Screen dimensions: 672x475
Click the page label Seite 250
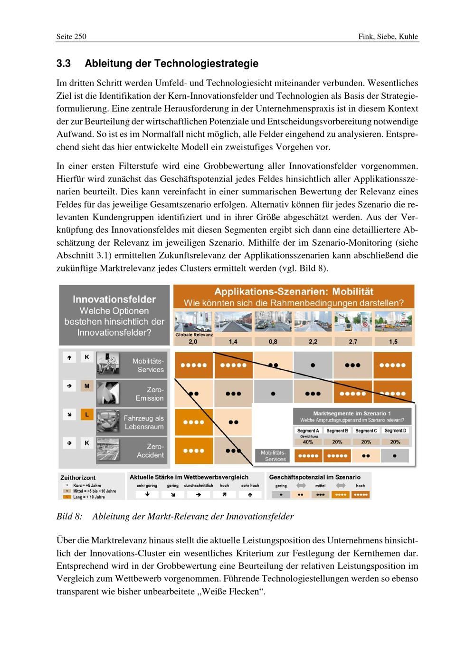(x=71, y=37)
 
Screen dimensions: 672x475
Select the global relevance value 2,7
(x=353, y=342)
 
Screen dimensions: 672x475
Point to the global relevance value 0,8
(x=273, y=342)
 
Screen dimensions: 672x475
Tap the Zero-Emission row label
(x=149, y=394)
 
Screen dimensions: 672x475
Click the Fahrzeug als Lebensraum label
(x=143, y=422)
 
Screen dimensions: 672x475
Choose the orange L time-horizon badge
(x=86, y=414)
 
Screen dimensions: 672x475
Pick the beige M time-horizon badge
(x=86, y=386)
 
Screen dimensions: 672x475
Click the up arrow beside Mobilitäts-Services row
(x=69, y=357)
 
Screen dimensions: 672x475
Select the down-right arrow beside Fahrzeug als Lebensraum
(x=69, y=414)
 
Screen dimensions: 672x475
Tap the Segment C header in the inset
(x=366, y=431)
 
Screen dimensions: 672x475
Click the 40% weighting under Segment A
(x=308, y=442)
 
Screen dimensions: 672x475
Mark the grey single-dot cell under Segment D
(x=395, y=456)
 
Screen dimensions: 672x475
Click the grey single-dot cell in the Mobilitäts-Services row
(x=313, y=365)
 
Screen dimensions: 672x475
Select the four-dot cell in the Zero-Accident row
(x=194, y=451)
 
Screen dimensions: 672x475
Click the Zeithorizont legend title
(x=78, y=478)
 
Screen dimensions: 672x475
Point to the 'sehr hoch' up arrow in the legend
(x=250, y=494)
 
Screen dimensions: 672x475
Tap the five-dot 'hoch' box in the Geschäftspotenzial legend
(x=361, y=494)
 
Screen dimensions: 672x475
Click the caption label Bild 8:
(x=69, y=516)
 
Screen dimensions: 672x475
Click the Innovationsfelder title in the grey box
(x=114, y=299)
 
